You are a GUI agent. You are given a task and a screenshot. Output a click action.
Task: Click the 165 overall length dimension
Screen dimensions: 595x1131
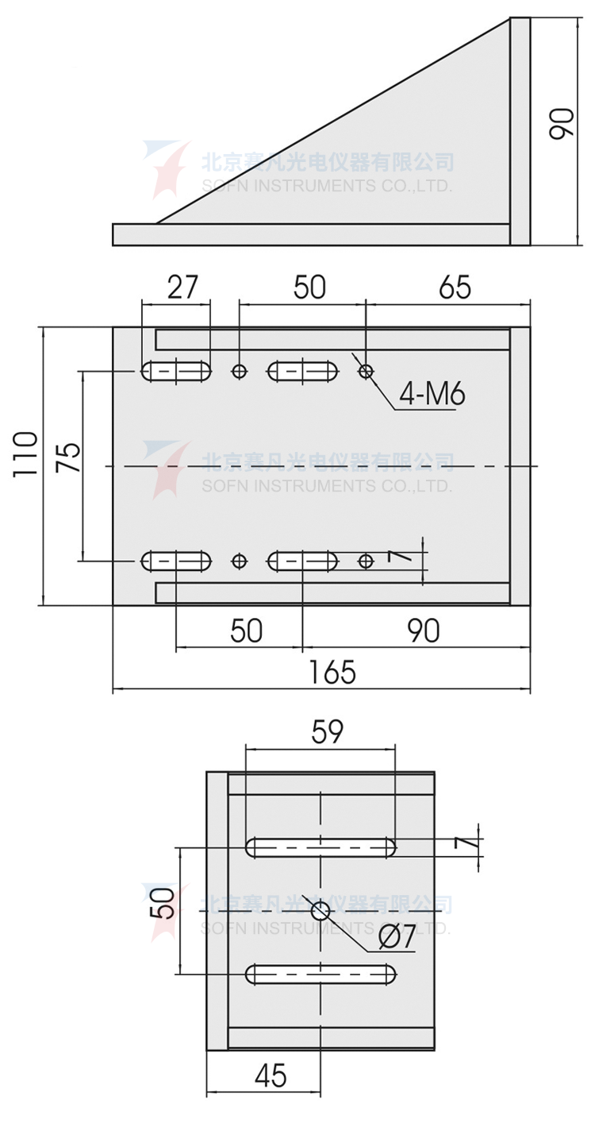tap(332, 672)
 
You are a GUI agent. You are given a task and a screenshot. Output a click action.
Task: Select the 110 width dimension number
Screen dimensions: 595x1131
tap(25, 453)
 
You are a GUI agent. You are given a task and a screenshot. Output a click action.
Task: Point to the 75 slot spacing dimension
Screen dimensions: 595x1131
tap(68, 457)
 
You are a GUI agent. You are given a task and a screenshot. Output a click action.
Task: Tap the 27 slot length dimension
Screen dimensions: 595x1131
tap(182, 287)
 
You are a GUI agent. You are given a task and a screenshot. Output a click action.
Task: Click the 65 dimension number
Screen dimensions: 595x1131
tap(455, 287)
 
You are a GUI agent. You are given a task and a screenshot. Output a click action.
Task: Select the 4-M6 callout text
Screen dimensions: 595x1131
tap(432, 394)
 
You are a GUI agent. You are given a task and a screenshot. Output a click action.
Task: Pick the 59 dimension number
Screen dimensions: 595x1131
tap(327, 731)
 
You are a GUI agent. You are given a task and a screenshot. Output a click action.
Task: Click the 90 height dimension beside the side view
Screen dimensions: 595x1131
tap(561, 124)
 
